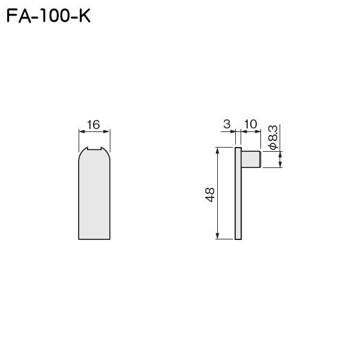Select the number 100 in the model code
52,16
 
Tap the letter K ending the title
83,16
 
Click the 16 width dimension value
93,125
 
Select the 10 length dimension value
251,124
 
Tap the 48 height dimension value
210,194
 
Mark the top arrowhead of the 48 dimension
216,151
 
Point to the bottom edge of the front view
94,239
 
